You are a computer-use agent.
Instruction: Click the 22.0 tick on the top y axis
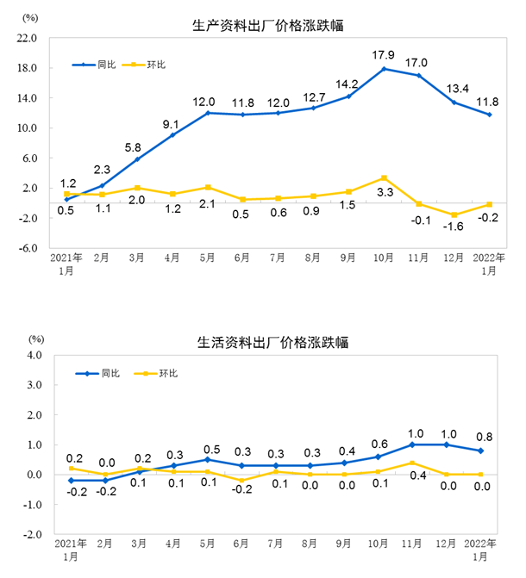[27, 39]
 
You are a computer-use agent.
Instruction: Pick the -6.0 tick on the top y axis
[27, 248]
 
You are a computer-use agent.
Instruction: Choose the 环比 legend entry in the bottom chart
[167, 373]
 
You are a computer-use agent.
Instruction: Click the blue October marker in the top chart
[384, 69]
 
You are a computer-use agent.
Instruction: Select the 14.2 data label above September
[348, 84]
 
